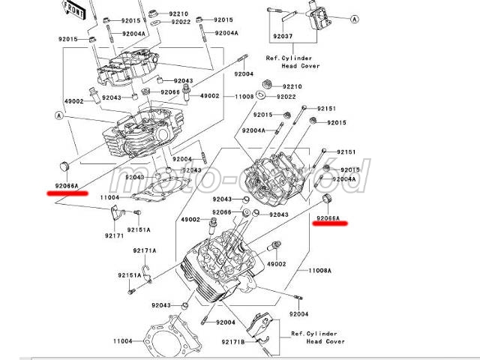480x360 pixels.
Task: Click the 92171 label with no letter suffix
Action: [x=114, y=236]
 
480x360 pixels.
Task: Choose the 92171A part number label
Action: [x=145, y=250]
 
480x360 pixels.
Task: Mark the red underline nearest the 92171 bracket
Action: [x=65, y=193]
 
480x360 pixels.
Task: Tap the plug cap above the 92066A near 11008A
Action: [x=327, y=198]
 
